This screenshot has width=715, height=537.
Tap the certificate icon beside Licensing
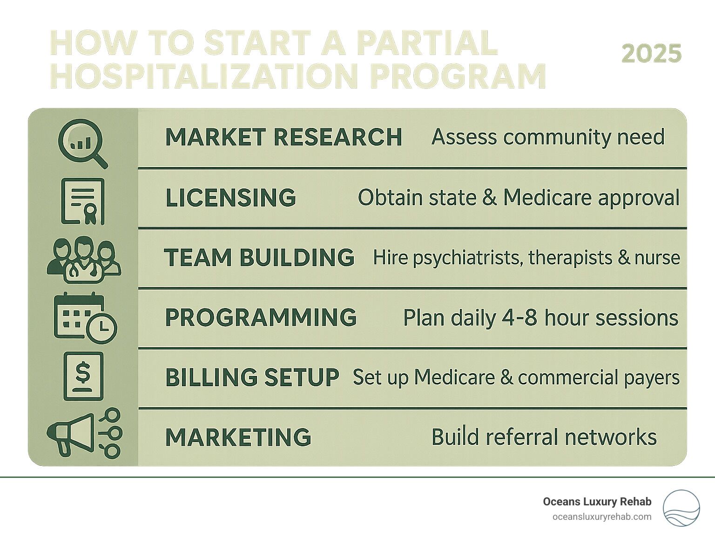[x=83, y=201]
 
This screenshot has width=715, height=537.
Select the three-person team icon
[x=84, y=260]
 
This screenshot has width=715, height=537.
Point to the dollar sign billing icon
[x=83, y=376]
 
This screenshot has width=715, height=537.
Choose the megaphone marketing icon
[x=84, y=433]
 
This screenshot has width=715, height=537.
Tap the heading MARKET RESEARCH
[x=284, y=137]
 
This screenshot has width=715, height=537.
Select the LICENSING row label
[x=230, y=197]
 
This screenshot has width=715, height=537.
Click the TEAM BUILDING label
[x=259, y=257]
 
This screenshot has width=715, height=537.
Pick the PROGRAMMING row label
[x=261, y=317]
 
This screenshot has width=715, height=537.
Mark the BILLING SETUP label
[x=252, y=377]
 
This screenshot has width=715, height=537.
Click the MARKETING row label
[x=238, y=437]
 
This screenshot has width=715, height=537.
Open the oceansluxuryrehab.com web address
[x=602, y=517]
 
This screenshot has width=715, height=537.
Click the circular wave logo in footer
[x=681, y=508]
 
